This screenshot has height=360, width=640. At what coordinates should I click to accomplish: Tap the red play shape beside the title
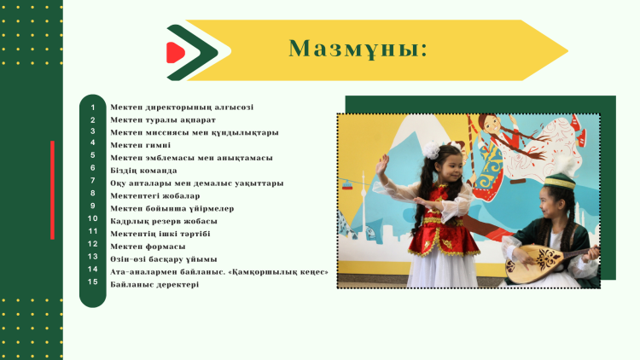[176, 53]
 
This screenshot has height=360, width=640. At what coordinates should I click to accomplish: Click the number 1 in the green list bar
[93, 107]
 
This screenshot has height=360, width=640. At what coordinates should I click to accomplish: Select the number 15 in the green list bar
[93, 282]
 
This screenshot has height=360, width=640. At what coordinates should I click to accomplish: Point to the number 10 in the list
[93, 218]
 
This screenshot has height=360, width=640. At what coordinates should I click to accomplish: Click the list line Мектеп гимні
[141, 145]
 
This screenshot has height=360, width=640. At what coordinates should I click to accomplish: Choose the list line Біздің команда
[143, 171]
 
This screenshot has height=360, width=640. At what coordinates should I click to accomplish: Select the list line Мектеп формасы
[148, 247]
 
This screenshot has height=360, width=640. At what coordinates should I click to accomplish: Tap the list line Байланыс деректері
[154, 284]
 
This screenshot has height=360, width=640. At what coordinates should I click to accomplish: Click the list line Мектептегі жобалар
[155, 196]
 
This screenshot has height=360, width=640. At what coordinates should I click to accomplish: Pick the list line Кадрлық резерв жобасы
[164, 221]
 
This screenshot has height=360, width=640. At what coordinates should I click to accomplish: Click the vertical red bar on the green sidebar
[52, 189]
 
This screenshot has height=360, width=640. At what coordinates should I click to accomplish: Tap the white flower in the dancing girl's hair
[431, 150]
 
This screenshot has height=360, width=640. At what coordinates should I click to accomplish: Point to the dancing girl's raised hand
[382, 165]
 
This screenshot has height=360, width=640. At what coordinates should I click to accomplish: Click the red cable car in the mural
[347, 186]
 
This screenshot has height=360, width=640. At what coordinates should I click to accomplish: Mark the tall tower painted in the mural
[364, 204]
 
